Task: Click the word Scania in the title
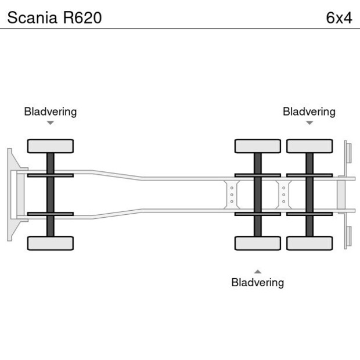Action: coord(28,17)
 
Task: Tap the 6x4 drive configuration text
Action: coord(339,17)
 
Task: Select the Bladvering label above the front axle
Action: coord(50,111)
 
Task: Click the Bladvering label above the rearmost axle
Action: coord(309,111)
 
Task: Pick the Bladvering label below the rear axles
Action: coord(257,283)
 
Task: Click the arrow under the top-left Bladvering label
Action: coord(50,123)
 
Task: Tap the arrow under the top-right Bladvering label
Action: coord(309,123)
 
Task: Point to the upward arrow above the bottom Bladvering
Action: coord(257,271)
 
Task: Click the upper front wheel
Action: coord(50,146)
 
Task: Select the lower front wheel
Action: coord(50,243)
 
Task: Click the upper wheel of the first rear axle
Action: coord(257,146)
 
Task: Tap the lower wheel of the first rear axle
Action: coord(257,243)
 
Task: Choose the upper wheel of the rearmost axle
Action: coord(309,146)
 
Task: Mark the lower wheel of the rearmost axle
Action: coord(309,243)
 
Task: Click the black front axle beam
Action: coord(50,195)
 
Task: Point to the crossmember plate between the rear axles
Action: coord(283,195)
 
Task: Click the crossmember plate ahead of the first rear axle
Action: coord(232,195)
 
